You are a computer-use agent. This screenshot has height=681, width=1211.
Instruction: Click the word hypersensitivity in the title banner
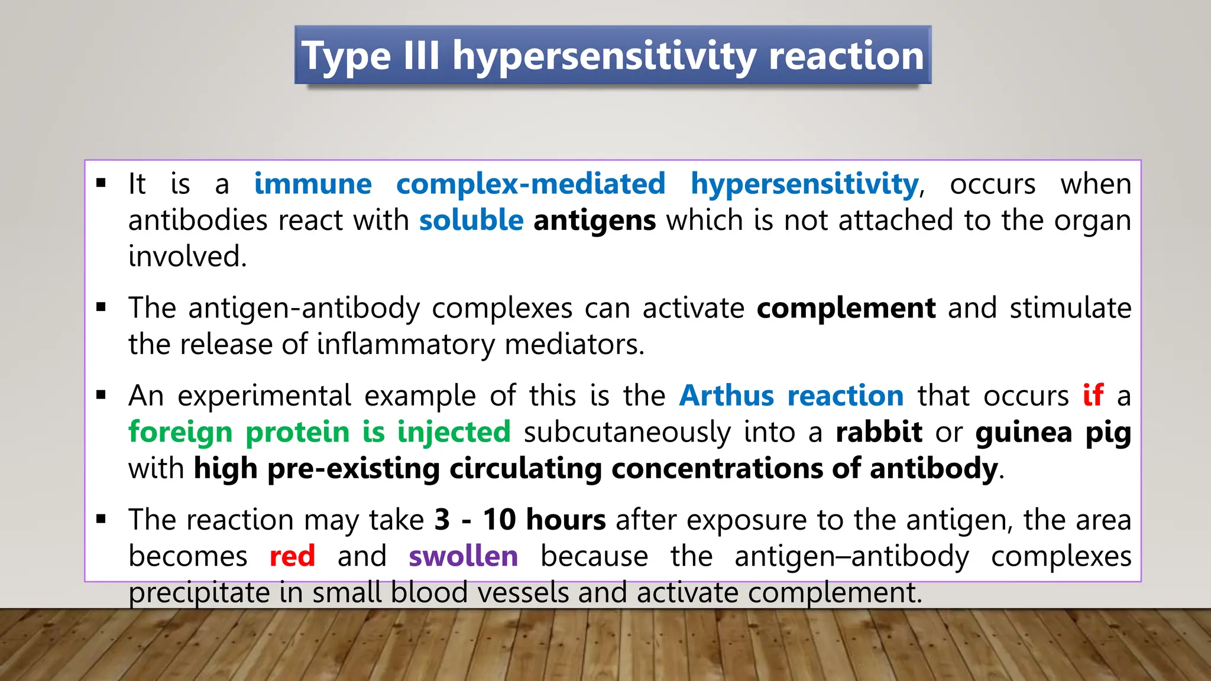pyautogui.click(x=604, y=56)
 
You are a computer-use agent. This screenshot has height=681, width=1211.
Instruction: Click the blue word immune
pyautogui.click(x=313, y=184)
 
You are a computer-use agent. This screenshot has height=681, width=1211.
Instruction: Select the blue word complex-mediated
pyautogui.click(x=530, y=184)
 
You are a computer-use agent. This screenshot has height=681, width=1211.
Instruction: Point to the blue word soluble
pyautogui.click(x=471, y=220)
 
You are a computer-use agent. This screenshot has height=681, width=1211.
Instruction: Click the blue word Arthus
pyautogui.click(x=726, y=395)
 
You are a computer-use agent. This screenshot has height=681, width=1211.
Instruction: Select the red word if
pyautogui.click(x=1093, y=395)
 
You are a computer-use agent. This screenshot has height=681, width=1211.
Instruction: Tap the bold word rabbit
pyautogui.click(x=879, y=432)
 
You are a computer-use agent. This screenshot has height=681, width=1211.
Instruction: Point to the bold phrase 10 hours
pyautogui.click(x=544, y=520)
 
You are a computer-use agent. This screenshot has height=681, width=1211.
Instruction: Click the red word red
pyautogui.click(x=292, y=556)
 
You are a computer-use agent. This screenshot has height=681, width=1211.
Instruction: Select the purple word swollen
pyautogui.click(x=463, y=556)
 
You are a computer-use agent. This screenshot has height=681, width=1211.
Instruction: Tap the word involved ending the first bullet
pyautogui.click(x=187, y=257)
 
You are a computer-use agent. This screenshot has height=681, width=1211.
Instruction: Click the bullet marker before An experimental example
pyautogui.click(x=101, y=395)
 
